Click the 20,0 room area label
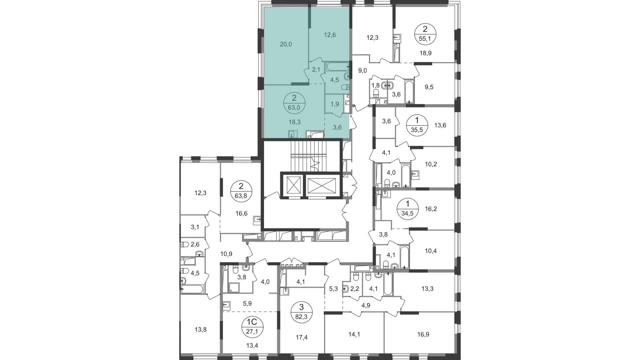click(286, 44)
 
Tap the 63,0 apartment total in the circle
click(294, 107)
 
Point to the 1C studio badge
click(252, 327)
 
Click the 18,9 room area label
click(426, 53)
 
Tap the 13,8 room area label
click(200, 330)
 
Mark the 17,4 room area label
click(302, 338)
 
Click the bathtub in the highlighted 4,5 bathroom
click(337, 66)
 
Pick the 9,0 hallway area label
click(363, 70)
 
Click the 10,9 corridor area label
click(226, 254)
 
